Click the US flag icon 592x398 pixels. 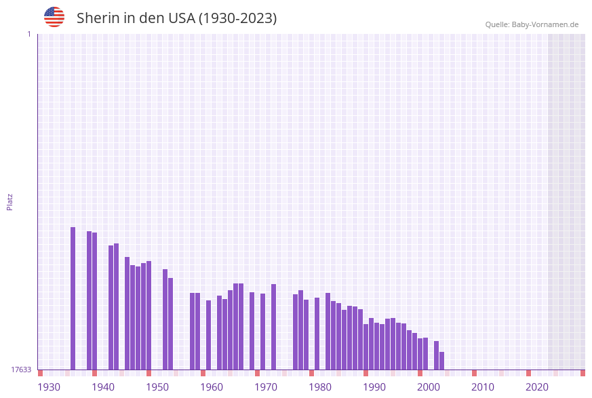54,17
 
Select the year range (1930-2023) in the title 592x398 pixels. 237,18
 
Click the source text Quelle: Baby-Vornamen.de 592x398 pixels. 532,24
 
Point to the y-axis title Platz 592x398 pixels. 10,201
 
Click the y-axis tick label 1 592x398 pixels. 28,34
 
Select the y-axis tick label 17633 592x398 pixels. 21,370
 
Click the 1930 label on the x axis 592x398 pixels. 49,387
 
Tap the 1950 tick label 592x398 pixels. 157,387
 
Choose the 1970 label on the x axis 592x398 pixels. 266,387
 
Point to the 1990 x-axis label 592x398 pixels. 374,387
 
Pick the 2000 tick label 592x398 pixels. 429,387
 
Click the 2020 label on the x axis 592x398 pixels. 537,387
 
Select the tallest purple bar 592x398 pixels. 73,298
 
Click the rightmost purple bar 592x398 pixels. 441,361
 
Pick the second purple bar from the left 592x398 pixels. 89,300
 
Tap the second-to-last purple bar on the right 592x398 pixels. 436,355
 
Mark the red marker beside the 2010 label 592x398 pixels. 474,373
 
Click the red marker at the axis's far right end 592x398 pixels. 583,373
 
